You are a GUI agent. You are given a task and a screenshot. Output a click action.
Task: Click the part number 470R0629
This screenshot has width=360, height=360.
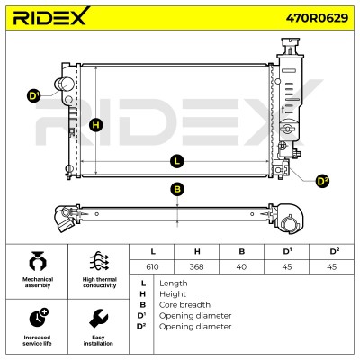[317, 18]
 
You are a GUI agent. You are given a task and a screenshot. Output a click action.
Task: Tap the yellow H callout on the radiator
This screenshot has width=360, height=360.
[96, 124]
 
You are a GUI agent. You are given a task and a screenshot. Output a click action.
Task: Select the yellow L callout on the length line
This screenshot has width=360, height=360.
[177, 161]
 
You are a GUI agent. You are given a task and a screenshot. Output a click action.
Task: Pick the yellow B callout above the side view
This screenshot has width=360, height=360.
[177, 189]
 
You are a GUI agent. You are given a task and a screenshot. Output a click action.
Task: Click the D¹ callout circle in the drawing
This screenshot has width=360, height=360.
[34, 96]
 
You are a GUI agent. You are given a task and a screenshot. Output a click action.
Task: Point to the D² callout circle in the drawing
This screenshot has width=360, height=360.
[322, 181]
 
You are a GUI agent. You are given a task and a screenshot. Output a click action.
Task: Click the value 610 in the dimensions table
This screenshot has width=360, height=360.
[152, 266]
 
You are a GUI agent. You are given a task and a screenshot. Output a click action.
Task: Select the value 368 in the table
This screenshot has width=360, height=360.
[197, 266]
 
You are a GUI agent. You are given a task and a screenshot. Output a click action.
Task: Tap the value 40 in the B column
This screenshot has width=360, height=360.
[241, 266]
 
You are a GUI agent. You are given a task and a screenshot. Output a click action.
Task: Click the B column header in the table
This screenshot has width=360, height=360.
[242, 251]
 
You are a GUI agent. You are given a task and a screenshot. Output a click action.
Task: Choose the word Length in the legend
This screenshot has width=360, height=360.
[174, 283]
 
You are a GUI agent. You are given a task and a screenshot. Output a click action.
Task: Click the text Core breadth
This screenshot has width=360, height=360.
[184, 305]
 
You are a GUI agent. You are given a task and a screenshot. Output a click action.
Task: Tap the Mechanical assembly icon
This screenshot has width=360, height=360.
[38, 261]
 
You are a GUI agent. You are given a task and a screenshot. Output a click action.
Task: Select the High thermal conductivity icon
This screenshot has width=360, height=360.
[99, 261]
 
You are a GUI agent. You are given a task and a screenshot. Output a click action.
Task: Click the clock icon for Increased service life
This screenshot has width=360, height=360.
[39, 318]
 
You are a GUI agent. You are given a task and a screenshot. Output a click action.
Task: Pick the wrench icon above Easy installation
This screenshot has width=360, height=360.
[98, 319]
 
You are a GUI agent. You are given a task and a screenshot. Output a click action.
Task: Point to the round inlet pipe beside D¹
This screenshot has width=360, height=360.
[64, 85]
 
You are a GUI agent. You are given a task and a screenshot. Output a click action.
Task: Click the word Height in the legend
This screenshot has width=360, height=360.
[173, 294]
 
